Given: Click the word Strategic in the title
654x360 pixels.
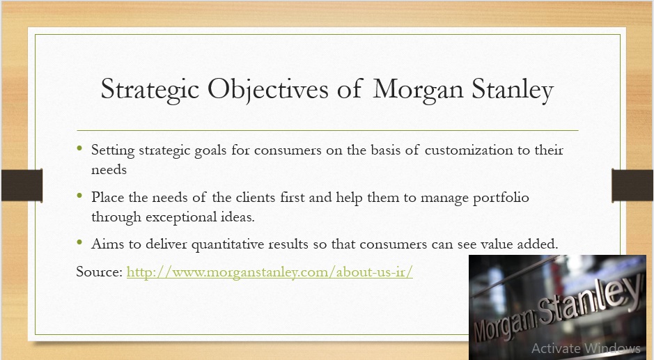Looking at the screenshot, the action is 150,90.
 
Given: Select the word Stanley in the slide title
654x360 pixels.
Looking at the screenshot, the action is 513,90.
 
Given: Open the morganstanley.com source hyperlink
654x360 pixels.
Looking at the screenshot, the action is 270,272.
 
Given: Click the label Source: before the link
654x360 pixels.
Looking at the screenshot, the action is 100,272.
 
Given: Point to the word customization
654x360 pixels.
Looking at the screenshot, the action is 469,150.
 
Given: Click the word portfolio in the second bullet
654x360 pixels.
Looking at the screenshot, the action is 501,198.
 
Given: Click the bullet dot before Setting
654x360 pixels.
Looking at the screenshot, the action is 79,148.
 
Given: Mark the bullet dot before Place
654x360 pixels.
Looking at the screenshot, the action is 79,195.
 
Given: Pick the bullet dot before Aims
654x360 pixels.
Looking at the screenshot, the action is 79,242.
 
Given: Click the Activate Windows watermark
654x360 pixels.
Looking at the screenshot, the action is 586,348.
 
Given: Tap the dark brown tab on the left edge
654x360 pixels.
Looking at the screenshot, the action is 22,185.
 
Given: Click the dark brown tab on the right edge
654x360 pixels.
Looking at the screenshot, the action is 632,185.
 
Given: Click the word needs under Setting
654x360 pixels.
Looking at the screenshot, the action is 109,170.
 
